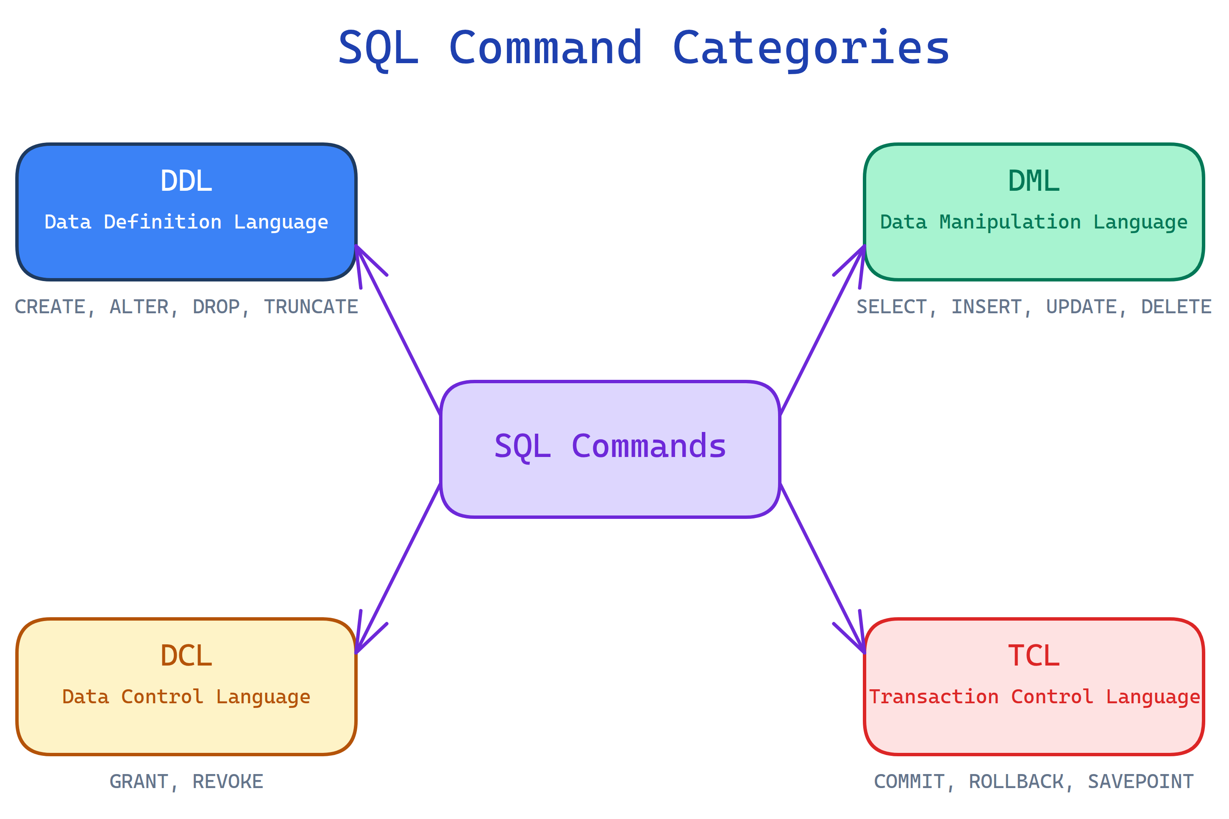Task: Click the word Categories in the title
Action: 810,48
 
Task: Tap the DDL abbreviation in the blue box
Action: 186,181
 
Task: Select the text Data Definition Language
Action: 186,222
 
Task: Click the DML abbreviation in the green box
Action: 1033,181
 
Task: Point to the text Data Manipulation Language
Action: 1033,222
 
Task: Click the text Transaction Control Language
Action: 1034,697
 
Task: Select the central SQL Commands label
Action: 610,446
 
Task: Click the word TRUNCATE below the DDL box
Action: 311,306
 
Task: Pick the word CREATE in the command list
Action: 50,306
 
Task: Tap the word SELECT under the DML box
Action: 891,306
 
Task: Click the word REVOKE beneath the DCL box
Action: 228,781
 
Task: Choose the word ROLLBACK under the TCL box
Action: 1016,781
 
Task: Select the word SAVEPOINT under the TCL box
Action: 1140,781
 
